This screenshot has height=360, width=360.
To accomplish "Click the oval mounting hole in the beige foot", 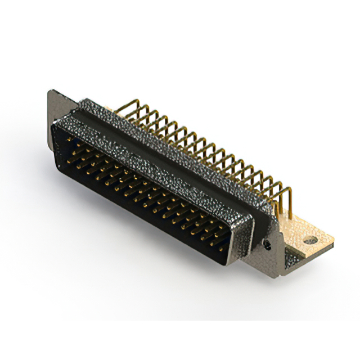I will [x=310, y=240].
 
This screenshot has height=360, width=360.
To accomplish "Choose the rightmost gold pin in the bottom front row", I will [x=220, y=246].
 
